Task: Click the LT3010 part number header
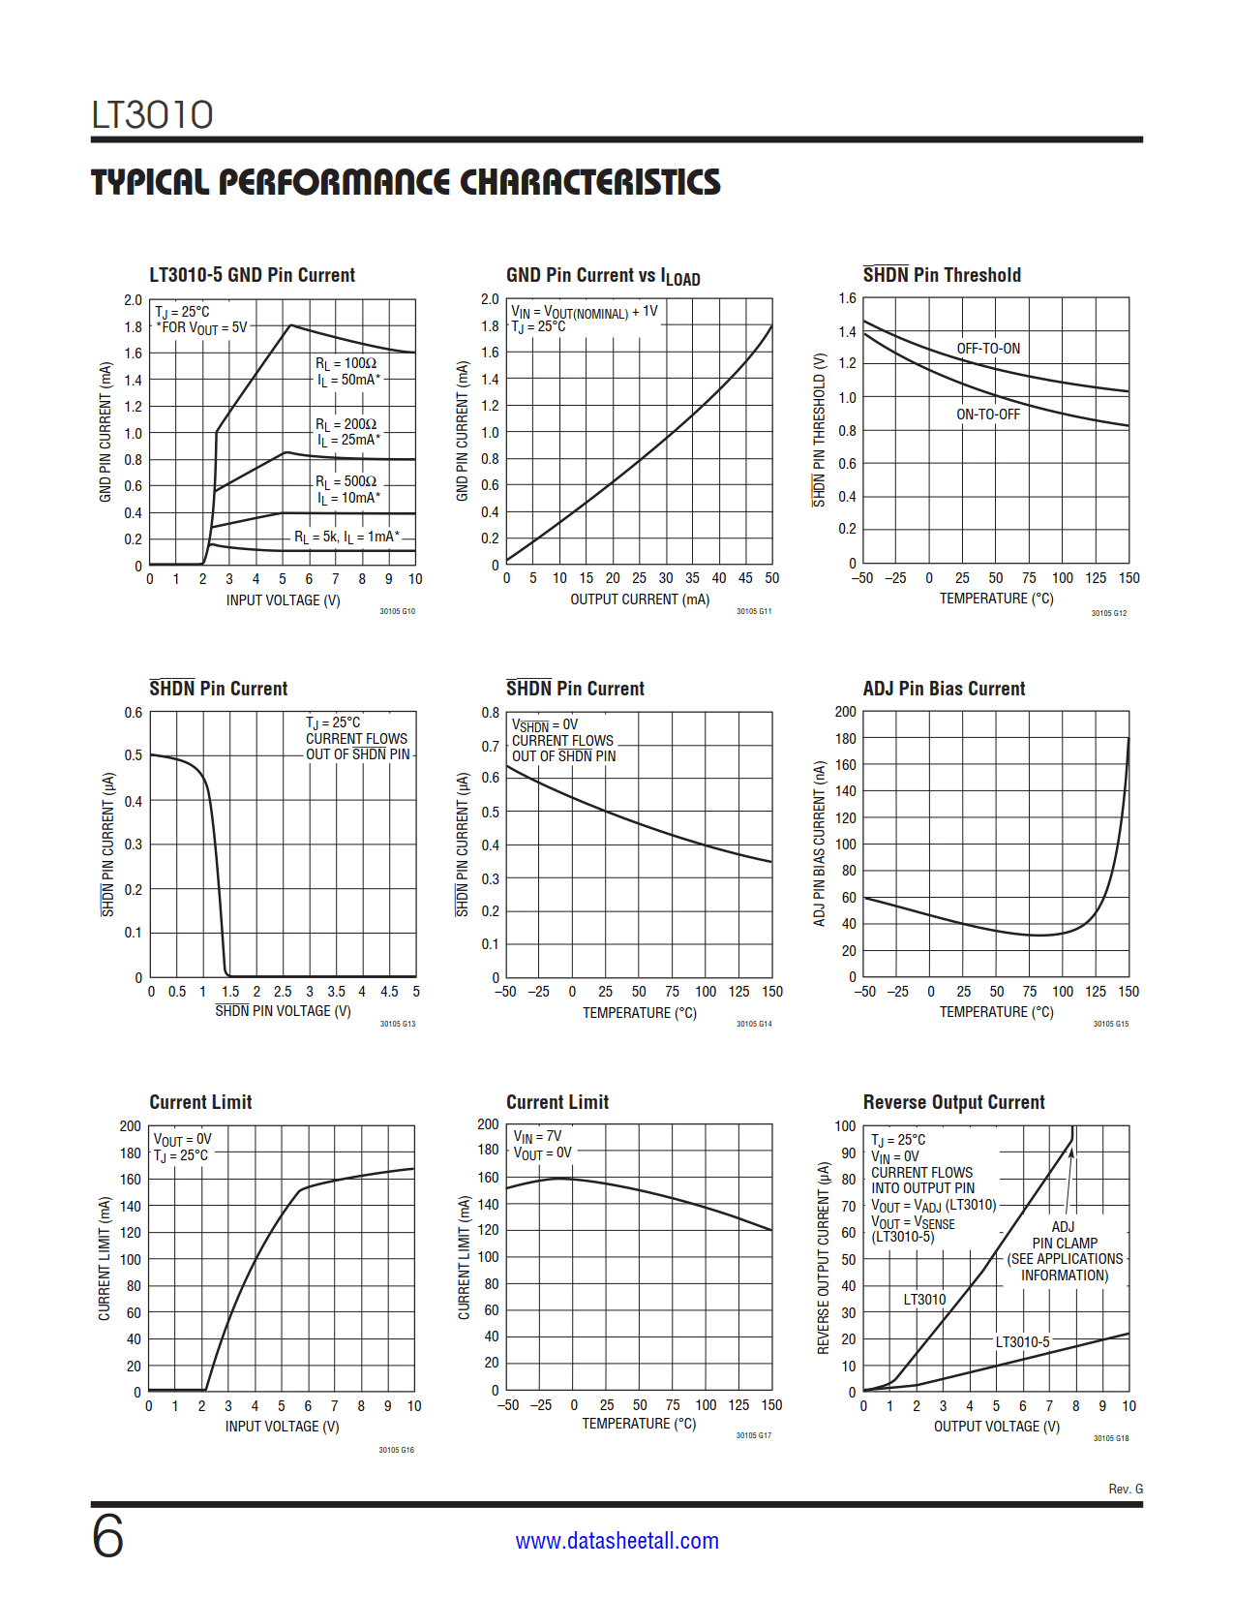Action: [152, 114]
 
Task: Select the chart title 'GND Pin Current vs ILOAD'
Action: [602, 276]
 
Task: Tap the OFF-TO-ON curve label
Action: [988, 349]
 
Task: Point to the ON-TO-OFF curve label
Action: [988, 415]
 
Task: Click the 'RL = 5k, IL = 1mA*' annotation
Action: [346, 537]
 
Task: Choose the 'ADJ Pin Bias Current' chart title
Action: [944, 689]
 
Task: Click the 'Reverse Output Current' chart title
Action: [953, 1102]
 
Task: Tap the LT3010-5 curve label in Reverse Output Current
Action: [1022, 1341]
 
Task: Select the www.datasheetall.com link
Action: [617, 1541]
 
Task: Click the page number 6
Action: [107, 1537]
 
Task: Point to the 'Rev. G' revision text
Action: [1126, 1489]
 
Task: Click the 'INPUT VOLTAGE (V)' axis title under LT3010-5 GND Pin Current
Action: [283, 600]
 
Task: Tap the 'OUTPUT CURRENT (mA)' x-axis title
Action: [640, 599]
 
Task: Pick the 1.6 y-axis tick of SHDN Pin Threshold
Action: [847, 298]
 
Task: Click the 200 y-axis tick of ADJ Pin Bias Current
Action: [845, 712]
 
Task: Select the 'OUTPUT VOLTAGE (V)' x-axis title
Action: [996, 1427]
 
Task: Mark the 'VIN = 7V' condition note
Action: [537, 1136]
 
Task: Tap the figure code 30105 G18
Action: [1111, 1438]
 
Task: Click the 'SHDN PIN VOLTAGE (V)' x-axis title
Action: [283, 1011]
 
